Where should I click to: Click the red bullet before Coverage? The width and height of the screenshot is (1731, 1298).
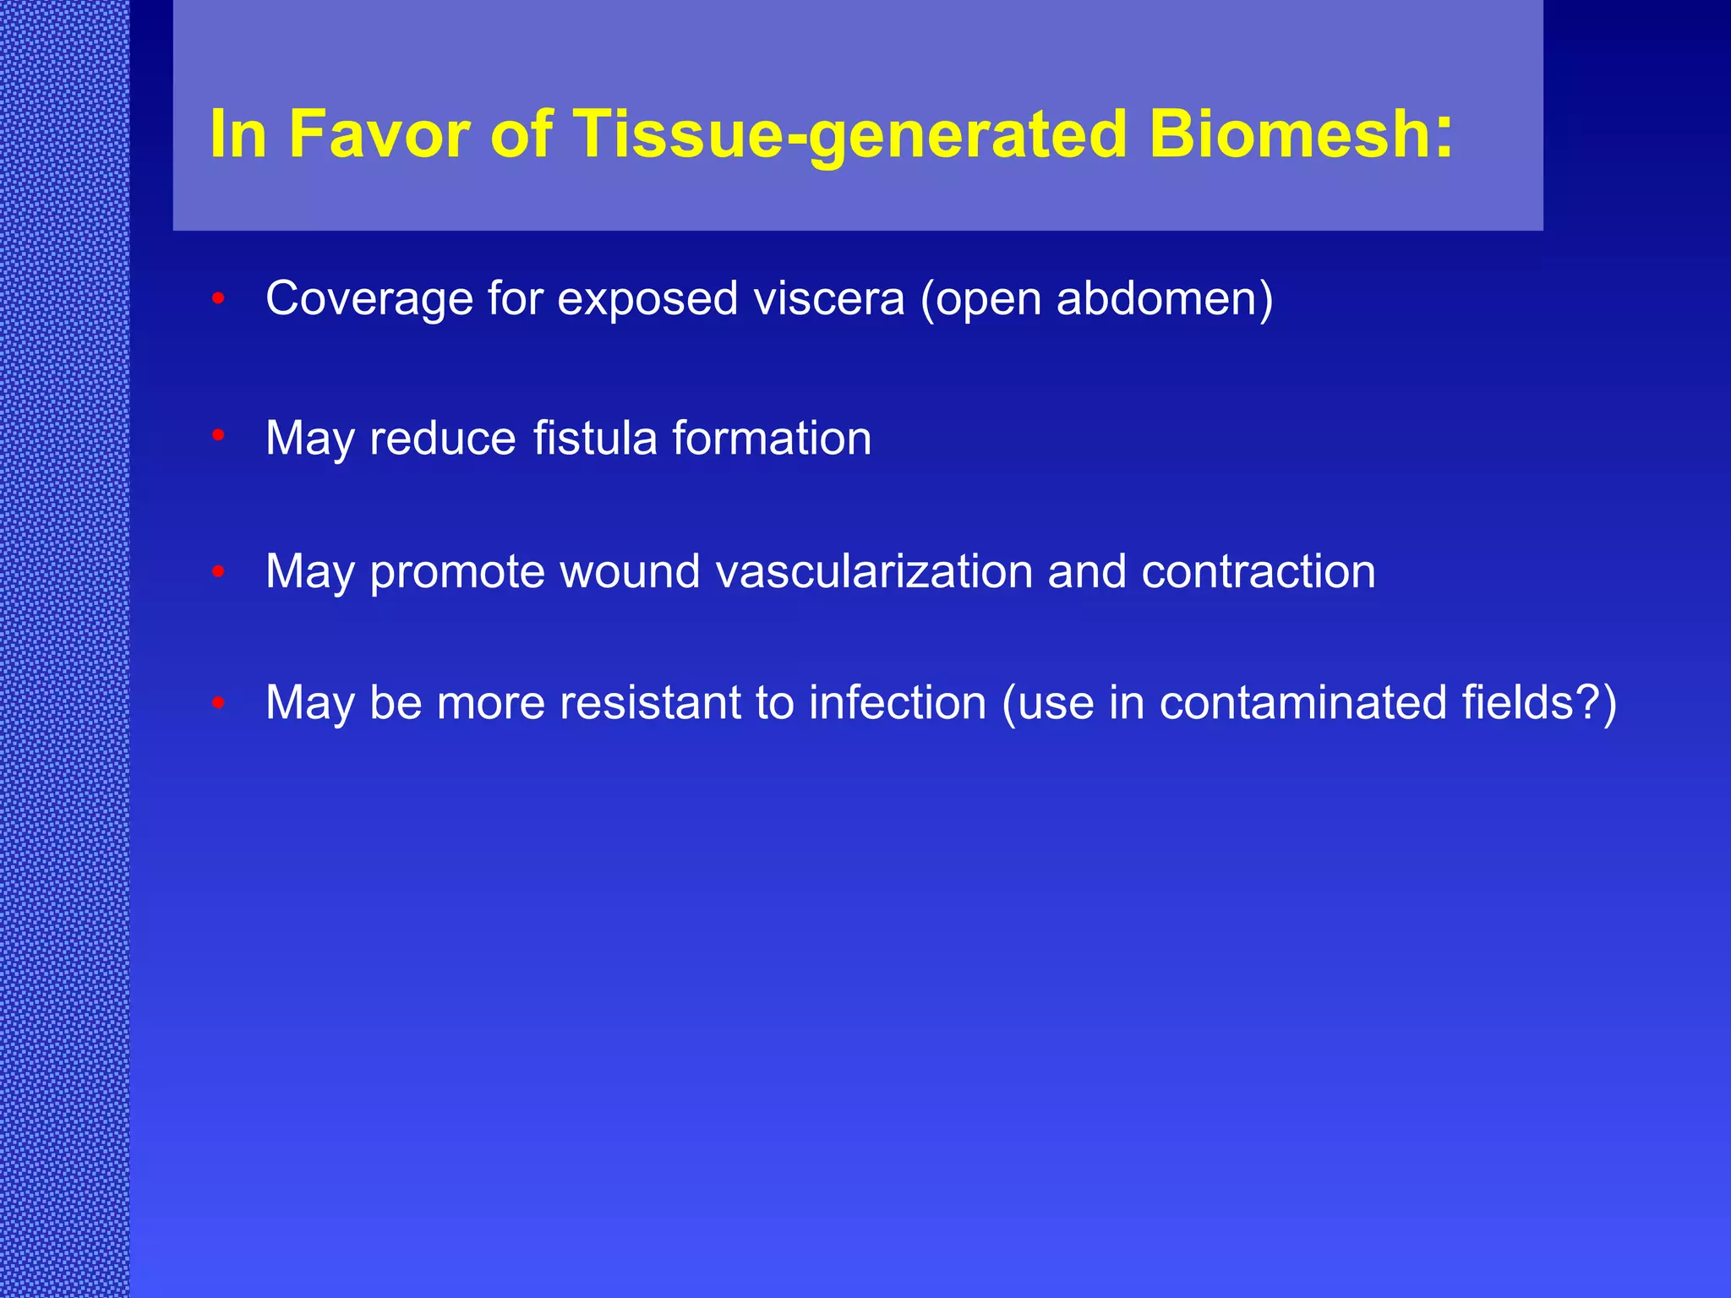[218, 298]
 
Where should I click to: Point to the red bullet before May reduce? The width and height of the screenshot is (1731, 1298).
[218, 436]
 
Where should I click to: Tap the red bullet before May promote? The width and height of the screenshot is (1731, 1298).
[218, 572]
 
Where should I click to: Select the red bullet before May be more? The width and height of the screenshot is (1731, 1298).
[218, 702]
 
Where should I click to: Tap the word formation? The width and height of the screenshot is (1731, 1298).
[772, 438]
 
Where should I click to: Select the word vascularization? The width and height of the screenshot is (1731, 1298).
[874, 571]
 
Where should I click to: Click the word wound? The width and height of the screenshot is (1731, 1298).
[630, 571]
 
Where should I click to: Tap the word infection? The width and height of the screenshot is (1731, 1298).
[897, 702]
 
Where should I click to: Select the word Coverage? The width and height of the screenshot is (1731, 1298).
[369, 299]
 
